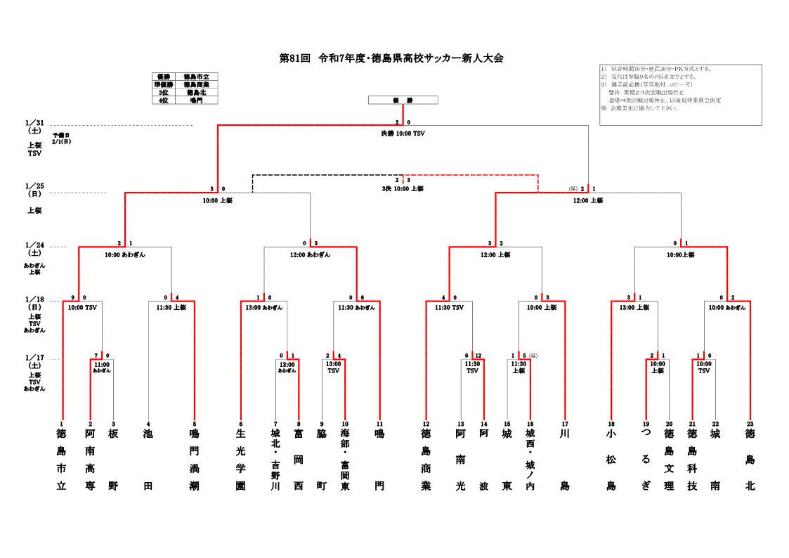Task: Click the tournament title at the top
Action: (x=391, y=58)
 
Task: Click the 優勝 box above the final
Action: (x=403, y=100)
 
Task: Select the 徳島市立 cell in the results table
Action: (x=201, y=77)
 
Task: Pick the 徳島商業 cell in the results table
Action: (x=201, y=84)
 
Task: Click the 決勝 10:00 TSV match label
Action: (x=403, y=133)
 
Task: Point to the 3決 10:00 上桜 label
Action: (x=403, y=188)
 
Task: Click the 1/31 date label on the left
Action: (x=35, y=122)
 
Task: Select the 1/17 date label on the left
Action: (x=35, y=357)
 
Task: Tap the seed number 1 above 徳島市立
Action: (x=62, y=424)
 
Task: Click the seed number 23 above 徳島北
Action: (x=750, y=424)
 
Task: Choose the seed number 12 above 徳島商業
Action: (x=426, y=424)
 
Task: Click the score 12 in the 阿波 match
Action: (x=478, y=355)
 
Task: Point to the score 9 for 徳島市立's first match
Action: (x=72, y=297)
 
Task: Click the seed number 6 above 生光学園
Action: (x=241, y=424)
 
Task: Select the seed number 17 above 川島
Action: (x=564, y=424)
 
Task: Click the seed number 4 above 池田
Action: (x=148, y=424)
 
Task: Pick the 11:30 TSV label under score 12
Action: (x=472, y=367)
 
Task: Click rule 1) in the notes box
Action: (x=657, y=69)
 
